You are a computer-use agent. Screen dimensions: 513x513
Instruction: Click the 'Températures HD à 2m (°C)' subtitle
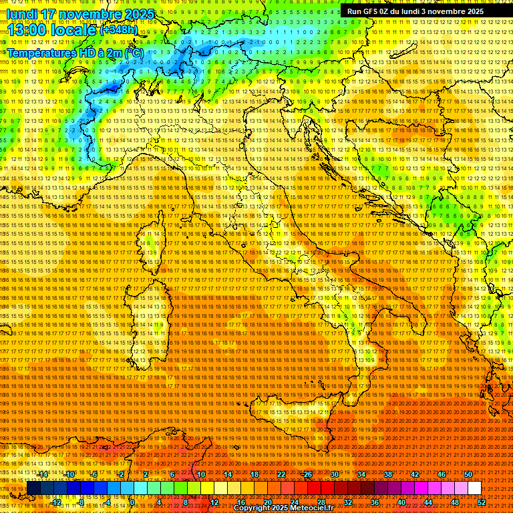pos(75,52)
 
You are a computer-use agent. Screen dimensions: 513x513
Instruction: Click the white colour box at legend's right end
pos(474,488)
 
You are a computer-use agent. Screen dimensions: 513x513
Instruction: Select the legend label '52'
pos(482,502)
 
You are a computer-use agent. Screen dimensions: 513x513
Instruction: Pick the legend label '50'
pos(468,474)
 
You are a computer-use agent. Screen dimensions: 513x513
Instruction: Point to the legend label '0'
pos(132,502)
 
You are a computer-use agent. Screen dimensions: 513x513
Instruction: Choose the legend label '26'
pos(308,474)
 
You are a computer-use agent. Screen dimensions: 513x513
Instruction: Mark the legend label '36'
pos(375,502)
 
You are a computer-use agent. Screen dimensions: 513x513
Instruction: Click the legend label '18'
pos(254,474)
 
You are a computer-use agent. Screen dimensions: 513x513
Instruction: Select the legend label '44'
pos(428,502)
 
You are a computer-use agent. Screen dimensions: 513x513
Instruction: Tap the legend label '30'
pos(335,474)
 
